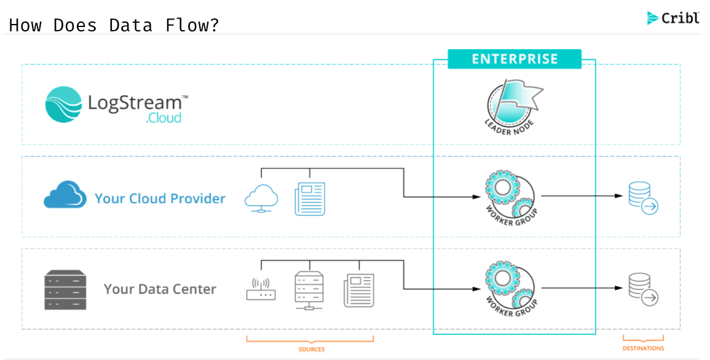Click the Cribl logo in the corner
(x=673, y=18)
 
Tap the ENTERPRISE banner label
(x=515, y=59)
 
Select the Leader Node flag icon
(x=514, y=104)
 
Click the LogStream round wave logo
(x=63, y=104)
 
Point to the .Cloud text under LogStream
(x=164, y=117)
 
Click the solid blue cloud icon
(x=65, y=195)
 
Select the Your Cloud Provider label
(x=160, y=198)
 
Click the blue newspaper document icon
(x=310, y=198)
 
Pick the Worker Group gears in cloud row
(x=510, y=197)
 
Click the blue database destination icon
(x=643, y=198)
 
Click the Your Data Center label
(x=160, y=289)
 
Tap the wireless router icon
(x=261, y=289)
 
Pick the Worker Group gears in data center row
(x=510, y=288)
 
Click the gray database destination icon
(x=643, y=289)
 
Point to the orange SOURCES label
(x=312, y=349)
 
